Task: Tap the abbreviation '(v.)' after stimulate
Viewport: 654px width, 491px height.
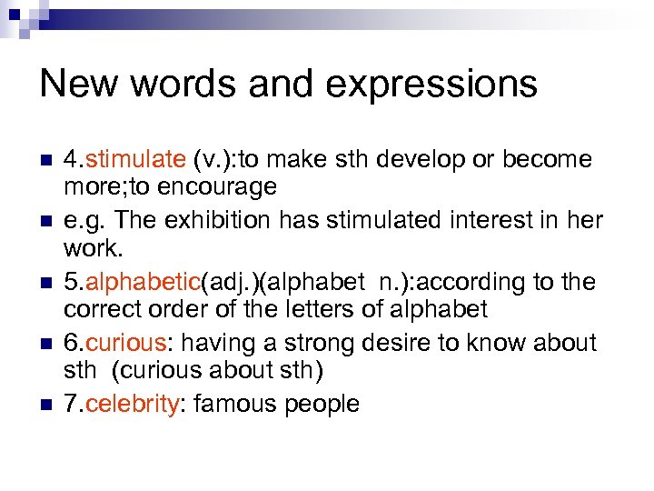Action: [x=211, y=160]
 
